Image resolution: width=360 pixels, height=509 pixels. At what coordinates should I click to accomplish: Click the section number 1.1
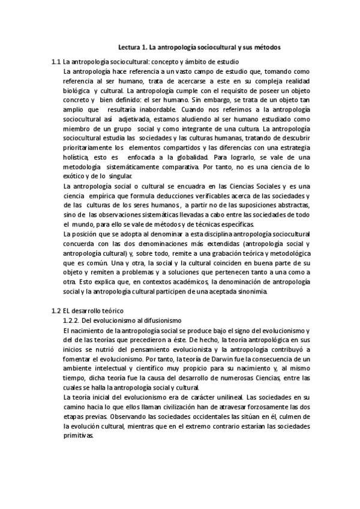coord(56,62)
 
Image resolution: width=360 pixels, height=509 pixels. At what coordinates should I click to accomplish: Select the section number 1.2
coord(56,311)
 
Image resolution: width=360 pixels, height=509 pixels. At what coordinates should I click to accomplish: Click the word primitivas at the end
coord(79,436)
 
